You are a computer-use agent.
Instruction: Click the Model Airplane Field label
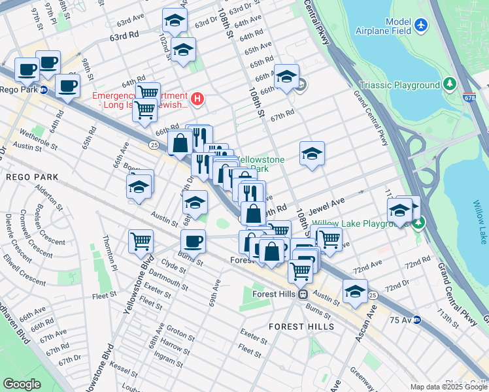tap(384, 25)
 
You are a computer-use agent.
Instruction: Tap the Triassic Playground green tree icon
tap(449, 84)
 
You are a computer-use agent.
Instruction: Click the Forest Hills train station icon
tap(303, 295)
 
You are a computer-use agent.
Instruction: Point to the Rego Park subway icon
tap(44, 90)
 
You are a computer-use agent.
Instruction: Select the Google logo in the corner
tap(22, 384)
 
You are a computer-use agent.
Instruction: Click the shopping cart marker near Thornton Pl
tap(141, 241)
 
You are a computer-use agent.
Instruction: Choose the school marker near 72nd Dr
tap(355, 291)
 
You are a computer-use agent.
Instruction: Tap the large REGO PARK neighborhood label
tap(31, 177)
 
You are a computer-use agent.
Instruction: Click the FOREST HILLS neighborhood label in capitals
tap(301, 326)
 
